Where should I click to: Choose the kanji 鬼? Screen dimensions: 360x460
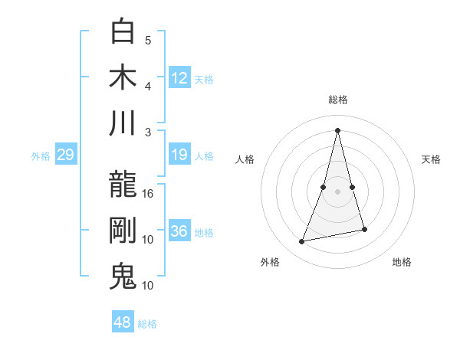[123, 277]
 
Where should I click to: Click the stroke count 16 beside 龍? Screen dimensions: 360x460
[148, 194]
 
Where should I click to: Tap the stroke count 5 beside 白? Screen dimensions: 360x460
[148, 40]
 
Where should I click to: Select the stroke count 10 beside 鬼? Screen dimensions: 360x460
[148, 286]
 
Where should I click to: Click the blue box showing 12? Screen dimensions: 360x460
[179, 78]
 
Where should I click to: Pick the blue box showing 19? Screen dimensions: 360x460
[179, 155]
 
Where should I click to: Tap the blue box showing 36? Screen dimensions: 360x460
[179, 232]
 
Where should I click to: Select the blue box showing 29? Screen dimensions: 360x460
[65, 155]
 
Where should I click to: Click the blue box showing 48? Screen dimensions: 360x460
[123, 322]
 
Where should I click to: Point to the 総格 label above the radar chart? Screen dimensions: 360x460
[337, 100]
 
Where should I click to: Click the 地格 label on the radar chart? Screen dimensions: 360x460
[402, 262]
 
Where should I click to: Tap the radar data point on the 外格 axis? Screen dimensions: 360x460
[302, 242]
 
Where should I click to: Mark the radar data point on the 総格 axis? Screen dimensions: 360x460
[337, 130]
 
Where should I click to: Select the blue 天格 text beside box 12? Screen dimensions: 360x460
[204, 79]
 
